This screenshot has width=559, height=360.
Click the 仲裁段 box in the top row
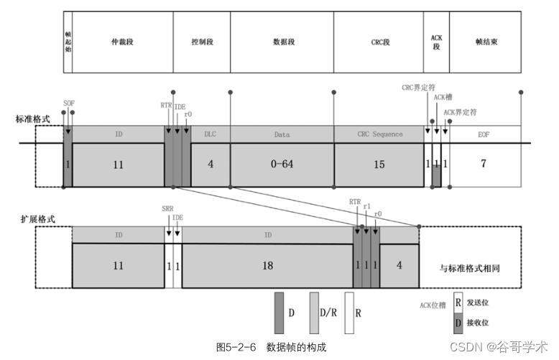[x=122, y=42]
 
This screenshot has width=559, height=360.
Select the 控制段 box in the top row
[x=201, y=42]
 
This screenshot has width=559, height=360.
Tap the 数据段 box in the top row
[x=282, y=42]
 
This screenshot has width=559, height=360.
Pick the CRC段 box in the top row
[x=378, y=42]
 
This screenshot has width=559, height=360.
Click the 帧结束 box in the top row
[x=486, y=42]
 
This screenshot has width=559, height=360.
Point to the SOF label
[x=69, y=103]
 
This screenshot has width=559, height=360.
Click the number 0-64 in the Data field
[x=282, y=165]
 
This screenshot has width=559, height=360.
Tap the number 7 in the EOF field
[x=484, y=164]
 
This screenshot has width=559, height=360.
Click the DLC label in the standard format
[x=210, y=134]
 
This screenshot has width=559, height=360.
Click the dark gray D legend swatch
[x=280, y=313]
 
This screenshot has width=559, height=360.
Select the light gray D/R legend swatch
[x=315, y=313]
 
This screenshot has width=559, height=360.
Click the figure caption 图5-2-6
[x=236, y=347]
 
